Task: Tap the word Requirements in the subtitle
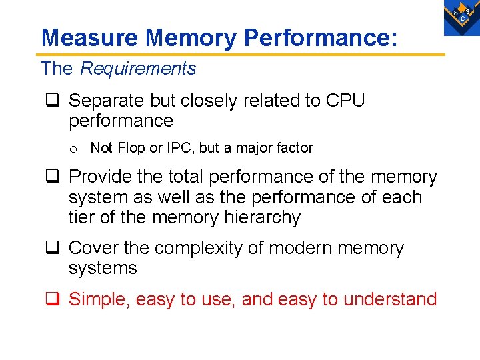coord(138,69)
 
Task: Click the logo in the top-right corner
coord(462,16)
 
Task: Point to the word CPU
coord(345,101)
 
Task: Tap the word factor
coord(294,148)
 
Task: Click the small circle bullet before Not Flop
coord(77,149)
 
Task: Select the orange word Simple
coord(99,299)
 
